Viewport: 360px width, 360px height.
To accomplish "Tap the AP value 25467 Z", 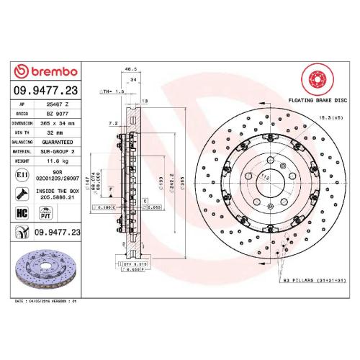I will point(57,104).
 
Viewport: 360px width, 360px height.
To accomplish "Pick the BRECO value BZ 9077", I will point(57,114).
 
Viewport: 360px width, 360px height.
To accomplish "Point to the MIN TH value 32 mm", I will point(56,132).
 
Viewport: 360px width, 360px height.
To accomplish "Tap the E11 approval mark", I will point(22,174).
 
